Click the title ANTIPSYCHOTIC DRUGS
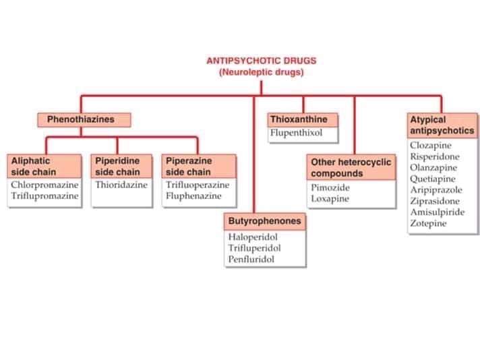coord(261,61)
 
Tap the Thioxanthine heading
coord(302,119)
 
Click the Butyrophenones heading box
coord(265,221)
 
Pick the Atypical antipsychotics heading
coord(442,125)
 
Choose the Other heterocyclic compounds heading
coord(351,168)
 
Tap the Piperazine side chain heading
coord(200,167)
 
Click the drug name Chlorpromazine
coord(44,185)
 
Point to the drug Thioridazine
coord(121,185)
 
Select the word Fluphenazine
coord(193,196)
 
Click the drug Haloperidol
coord(253,237)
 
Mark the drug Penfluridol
coord(251,259)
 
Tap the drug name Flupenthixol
coord(297,133)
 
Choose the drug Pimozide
coord(330,188)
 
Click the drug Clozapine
coord(431,146)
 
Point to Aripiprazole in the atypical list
coord(436,190)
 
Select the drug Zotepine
coord(428,223)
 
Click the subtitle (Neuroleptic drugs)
coord(261,72)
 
